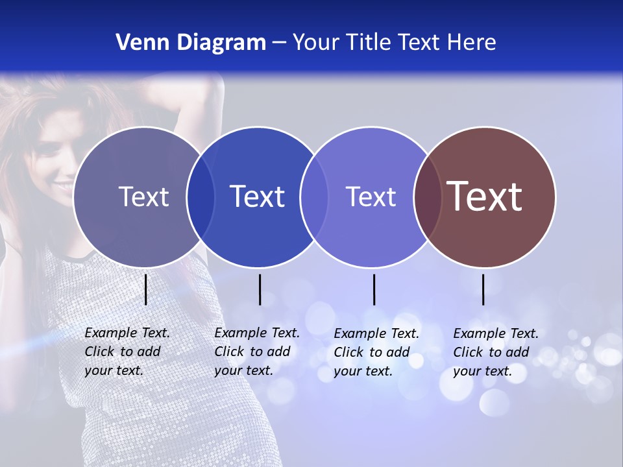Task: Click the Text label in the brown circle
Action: coord(484,197)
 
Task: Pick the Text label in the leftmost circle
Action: coord(143,197)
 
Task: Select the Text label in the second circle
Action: coord(257,197)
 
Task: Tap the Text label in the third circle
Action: coord(371,197)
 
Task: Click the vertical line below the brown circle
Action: coord(483,289)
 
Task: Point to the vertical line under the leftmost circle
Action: coord(146,289)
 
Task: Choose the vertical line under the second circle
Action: coord(260,289)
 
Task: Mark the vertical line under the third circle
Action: coord(374,289)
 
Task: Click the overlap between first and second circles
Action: coord(201,197)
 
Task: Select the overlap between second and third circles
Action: coord(314,197)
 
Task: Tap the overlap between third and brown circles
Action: coord(427,197)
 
